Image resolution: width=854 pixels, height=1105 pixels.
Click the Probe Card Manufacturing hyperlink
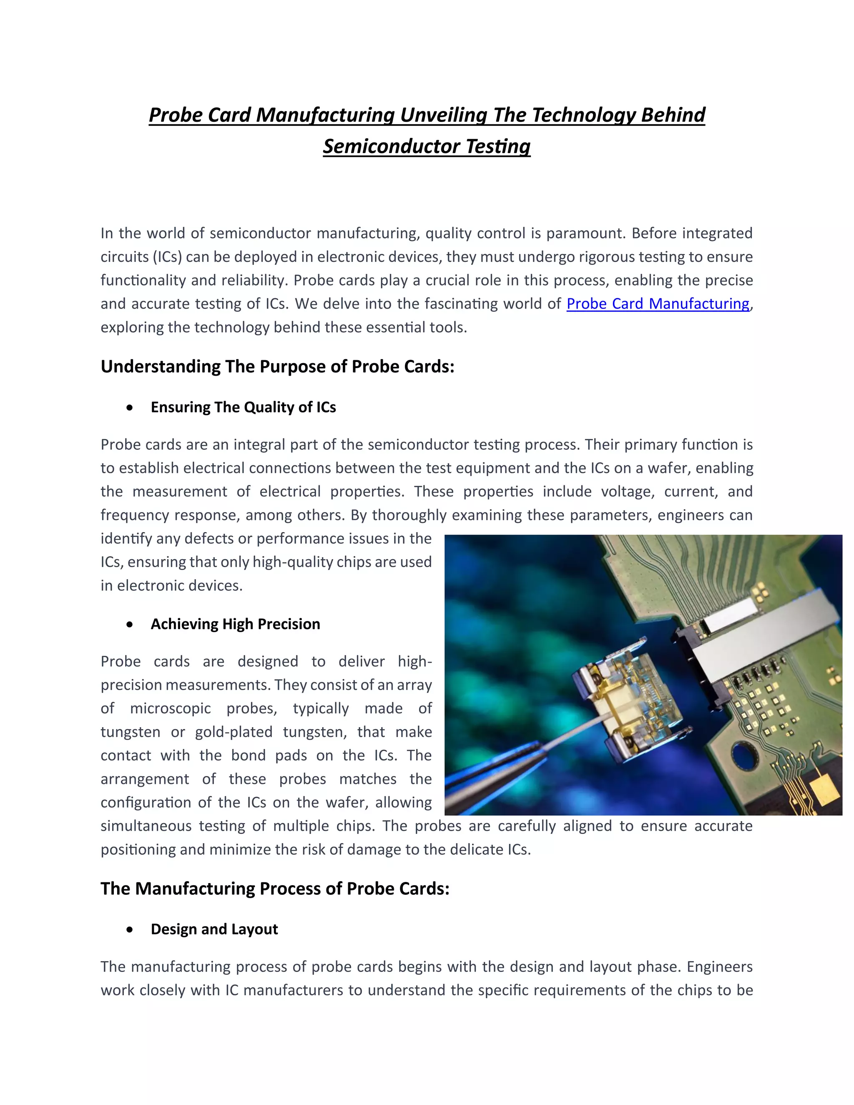point(657,304)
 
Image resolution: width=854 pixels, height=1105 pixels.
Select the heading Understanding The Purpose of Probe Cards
point(277,366)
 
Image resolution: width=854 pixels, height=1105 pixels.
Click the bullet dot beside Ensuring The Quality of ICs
point(130,407)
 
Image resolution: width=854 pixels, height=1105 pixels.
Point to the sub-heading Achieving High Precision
point(235,624)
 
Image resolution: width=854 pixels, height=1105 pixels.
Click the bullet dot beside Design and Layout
point(130,929)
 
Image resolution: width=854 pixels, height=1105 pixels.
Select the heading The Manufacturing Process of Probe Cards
point(275,889)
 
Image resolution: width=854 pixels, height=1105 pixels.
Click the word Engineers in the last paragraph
point(719,967)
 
